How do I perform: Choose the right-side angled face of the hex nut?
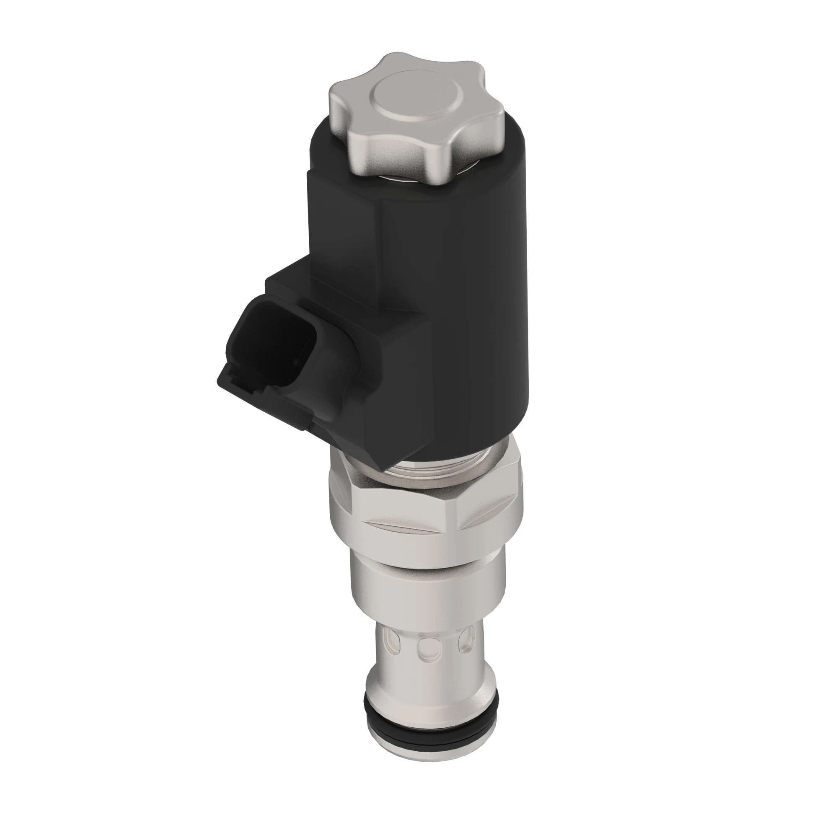[x=490, y=499]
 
